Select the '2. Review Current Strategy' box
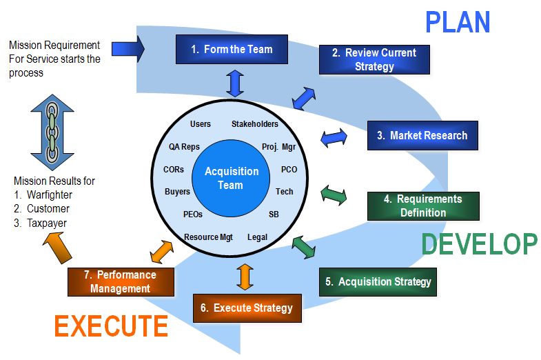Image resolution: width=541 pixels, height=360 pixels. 374,60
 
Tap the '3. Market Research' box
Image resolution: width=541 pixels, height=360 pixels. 422,136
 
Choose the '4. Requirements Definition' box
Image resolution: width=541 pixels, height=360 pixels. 422,206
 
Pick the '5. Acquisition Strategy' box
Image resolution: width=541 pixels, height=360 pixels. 378,281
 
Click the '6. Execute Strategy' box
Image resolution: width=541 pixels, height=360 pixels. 247,308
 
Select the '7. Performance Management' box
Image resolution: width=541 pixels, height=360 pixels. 121,281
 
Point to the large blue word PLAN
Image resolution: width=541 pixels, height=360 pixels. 458,22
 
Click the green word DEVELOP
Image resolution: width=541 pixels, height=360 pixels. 479,244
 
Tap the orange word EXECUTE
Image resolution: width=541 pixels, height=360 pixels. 111,326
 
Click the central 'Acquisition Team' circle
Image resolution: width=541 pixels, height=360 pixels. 232,178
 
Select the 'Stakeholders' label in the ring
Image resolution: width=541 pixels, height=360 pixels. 255,124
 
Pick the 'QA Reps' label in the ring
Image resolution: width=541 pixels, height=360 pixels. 184,147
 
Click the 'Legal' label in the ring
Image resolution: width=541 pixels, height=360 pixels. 257,237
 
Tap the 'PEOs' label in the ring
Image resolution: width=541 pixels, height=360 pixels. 193,214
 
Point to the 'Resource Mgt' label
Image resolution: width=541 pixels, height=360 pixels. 208,237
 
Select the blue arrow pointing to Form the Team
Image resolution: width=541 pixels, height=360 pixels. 129,48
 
